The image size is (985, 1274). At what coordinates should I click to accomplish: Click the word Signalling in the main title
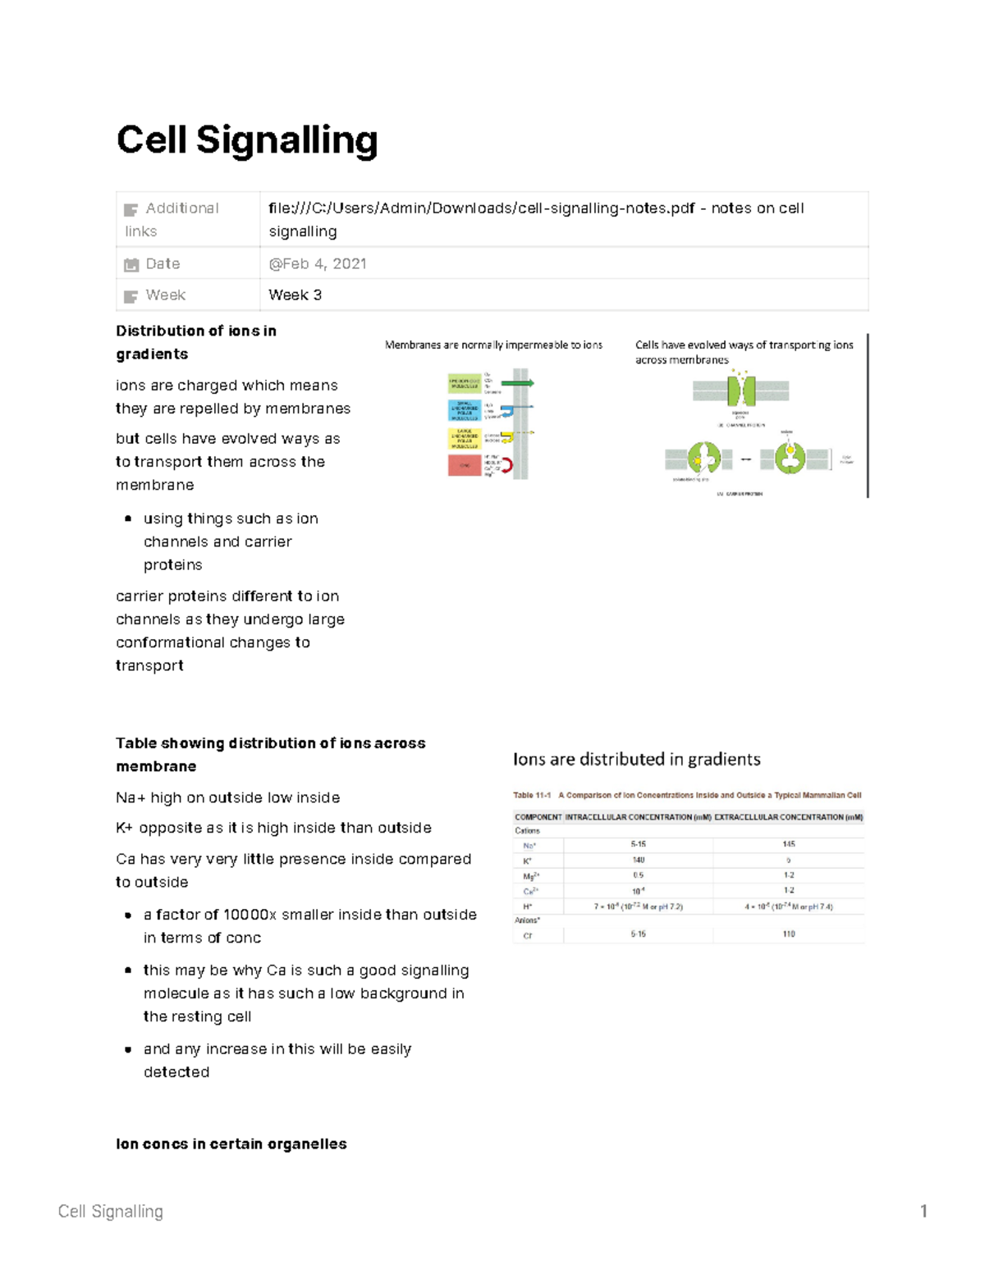coord(286,140)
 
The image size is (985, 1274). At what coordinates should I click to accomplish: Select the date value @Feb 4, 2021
coord(317,263)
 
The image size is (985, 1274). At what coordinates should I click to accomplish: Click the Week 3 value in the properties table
coord(295,295)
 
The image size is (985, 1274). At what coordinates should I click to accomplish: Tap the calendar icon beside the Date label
coord(131,264)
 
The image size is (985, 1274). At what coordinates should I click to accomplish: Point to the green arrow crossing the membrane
coord(516,383)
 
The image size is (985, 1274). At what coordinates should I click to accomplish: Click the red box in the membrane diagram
coord(464,465)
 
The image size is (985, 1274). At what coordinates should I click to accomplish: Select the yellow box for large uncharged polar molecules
coord(464,438)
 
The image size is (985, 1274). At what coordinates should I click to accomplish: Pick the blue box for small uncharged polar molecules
coord(464,410)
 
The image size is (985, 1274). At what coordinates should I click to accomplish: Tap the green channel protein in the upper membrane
coord(740,390)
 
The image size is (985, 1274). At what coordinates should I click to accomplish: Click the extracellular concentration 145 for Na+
coord(788,844)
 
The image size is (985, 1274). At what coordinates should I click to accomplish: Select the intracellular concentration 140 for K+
coord(638,860)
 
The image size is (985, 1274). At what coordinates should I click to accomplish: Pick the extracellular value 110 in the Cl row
coord(788,934)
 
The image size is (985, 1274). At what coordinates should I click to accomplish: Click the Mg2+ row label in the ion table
coord(530,876)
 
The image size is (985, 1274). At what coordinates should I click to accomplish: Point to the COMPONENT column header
coord(538,817)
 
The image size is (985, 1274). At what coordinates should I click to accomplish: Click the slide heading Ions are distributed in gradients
coord(636,760)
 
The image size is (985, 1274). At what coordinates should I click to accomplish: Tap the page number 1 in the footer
coord(923,1211)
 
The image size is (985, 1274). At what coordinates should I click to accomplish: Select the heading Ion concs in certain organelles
coord(231,1144)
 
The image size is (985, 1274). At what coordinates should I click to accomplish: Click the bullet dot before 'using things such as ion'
coord(128,518)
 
